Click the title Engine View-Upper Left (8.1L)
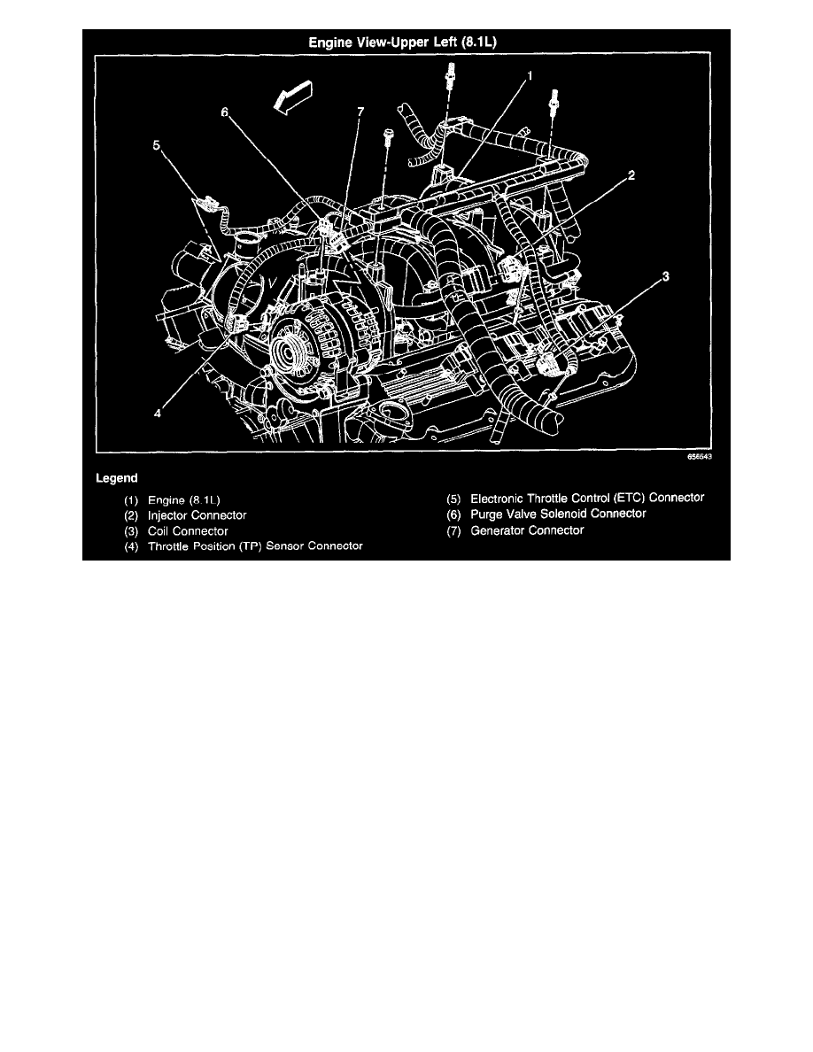coord(406,41)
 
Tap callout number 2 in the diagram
coord(631,175)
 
